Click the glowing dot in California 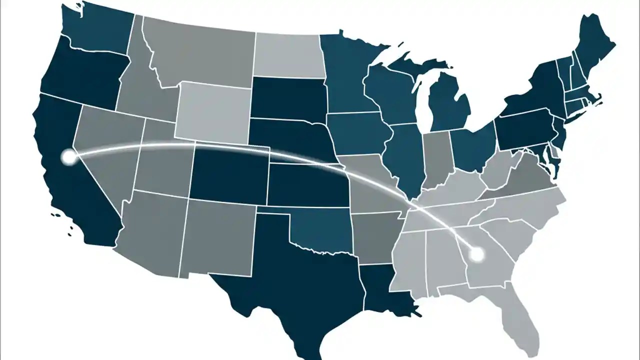pos(68,157)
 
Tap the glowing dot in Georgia pos(477,254)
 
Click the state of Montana pos(200,55)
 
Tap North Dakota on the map pos(287,53)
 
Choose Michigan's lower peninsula pos(450,105)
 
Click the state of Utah pos(160,160)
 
